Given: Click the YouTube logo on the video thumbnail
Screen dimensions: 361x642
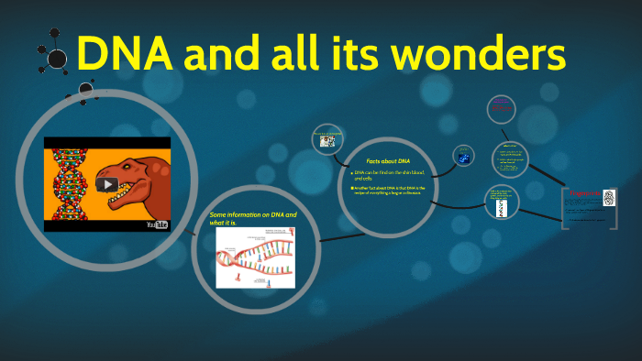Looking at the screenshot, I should [157, 224].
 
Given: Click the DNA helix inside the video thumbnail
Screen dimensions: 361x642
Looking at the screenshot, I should [69, 182].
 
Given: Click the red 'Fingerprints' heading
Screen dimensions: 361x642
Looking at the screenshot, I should [584, 194].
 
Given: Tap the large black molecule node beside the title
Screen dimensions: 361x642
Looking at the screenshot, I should [57, 60].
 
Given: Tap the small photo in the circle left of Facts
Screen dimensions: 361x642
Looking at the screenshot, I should [327, 141].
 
